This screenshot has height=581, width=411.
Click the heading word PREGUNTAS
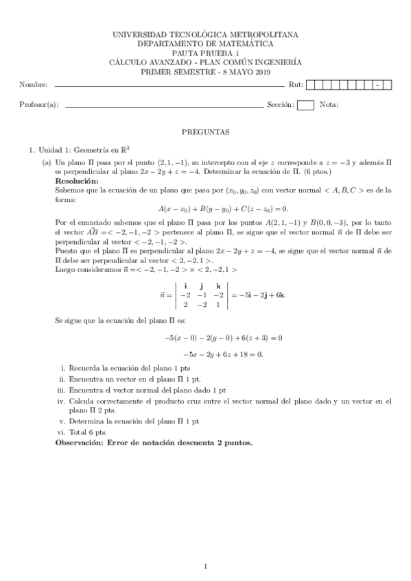pyautogui.click(x=205, y=130)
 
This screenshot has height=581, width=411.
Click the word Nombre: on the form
pyautogui.click(x=33, y=85)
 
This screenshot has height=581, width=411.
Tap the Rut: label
pyautogui.click(x=296, y=85)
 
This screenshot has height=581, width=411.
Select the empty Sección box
pyautogui.click(x=306, y=105)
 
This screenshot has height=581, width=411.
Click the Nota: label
pyautogui.click(x=329, y=105)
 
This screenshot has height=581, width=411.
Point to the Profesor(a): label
pyautogui.click(x=38, y=105)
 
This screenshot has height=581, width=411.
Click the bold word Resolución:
pyautogui.click(x=77, y=181)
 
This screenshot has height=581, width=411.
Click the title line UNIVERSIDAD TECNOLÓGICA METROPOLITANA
pyautogui.click(x=205, y=34)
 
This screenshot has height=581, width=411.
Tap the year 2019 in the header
pyautogui.click(x=261, y=72)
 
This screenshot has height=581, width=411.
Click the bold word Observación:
pyautogui.click(x=80, y=443)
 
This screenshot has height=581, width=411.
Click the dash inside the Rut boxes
pyautogui.click(x=378, y=85)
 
